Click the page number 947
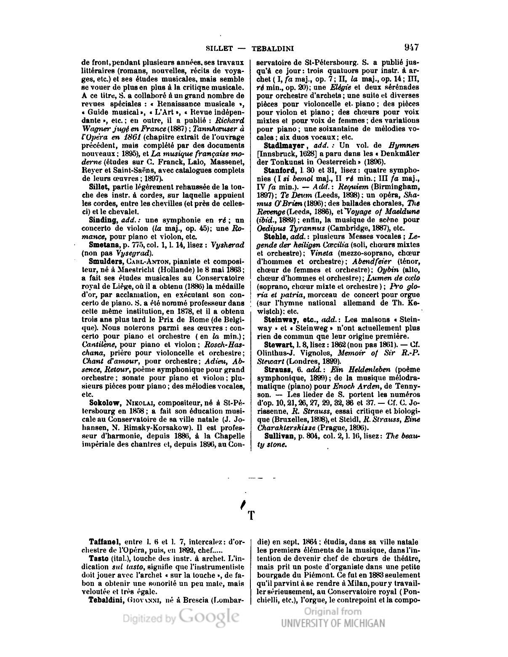pyautogui.click(x=411, y=47)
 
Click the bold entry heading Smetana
pyautogui.click(x=103, y=245)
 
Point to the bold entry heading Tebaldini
pyautogui.click(x=106, y=600)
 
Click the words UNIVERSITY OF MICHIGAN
pyautogui.click(x=332, y=623)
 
